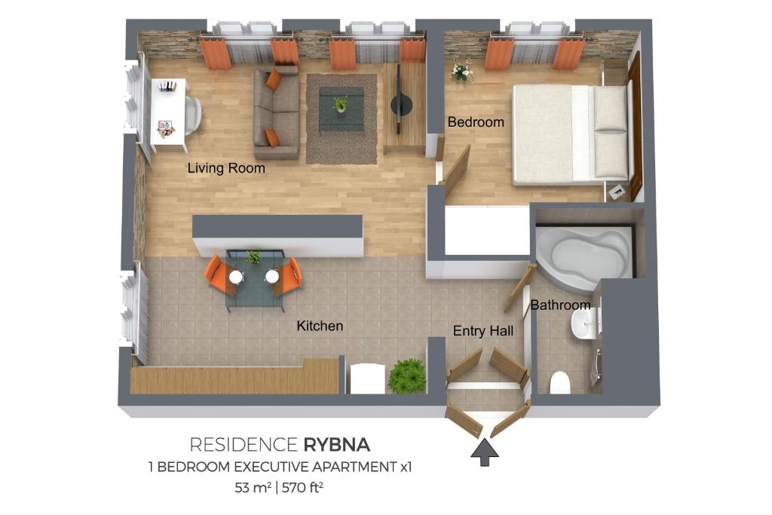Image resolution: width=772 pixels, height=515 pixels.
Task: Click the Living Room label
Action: tap(226, 168)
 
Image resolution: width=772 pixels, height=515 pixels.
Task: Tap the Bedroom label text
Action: tap(476, 121)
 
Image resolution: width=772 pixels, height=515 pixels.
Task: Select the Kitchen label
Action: tap(320, 326)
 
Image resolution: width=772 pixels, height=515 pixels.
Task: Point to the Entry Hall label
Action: tap(483, 331)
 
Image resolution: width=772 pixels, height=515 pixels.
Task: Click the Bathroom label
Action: tap(560, 305)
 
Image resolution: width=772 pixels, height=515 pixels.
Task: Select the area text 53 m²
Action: tap(253, 487)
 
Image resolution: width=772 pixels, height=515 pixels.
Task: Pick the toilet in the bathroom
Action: tap(560, 382)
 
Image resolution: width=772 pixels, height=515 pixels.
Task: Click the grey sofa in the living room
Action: tap(275, 113)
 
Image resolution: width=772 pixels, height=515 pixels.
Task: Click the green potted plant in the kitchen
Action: tap(407, 376)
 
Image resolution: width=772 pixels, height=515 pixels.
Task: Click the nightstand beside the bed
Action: tap(617, 192)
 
